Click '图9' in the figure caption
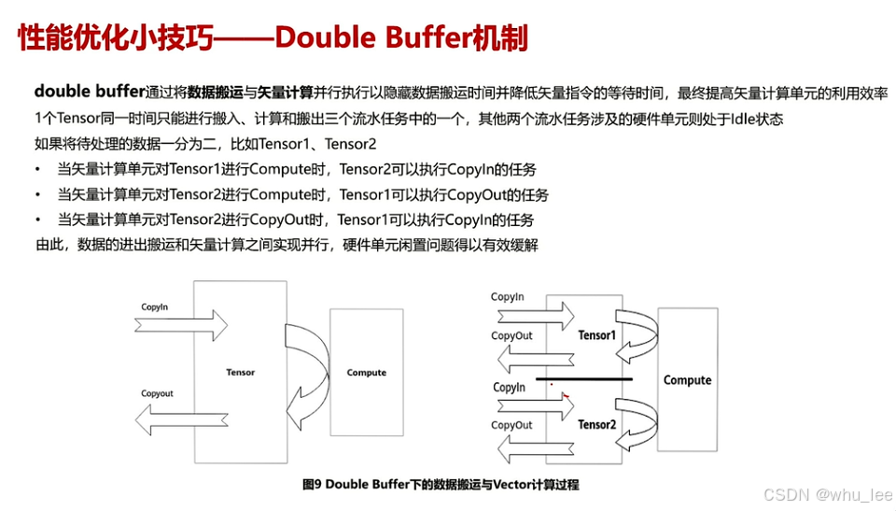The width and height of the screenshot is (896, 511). (x=312, y=485)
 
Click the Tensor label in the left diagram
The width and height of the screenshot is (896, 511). (x=240, y=373)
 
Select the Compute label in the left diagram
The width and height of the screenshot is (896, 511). (x=366, y=373)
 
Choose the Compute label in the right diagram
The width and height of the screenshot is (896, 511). (x=687, y=380)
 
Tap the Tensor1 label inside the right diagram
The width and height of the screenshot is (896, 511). (x=597, y=334)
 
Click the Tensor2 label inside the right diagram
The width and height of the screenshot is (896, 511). (x=597, y=425)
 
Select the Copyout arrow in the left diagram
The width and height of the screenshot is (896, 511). (x=183, y=412)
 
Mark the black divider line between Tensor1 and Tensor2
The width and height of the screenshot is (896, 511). (x=584, y=378)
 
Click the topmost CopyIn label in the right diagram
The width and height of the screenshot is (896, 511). (x=508, y=298)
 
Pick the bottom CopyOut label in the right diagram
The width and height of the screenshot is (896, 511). (x=511, y=425)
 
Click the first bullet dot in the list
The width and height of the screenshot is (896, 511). (x=37, y=169)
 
